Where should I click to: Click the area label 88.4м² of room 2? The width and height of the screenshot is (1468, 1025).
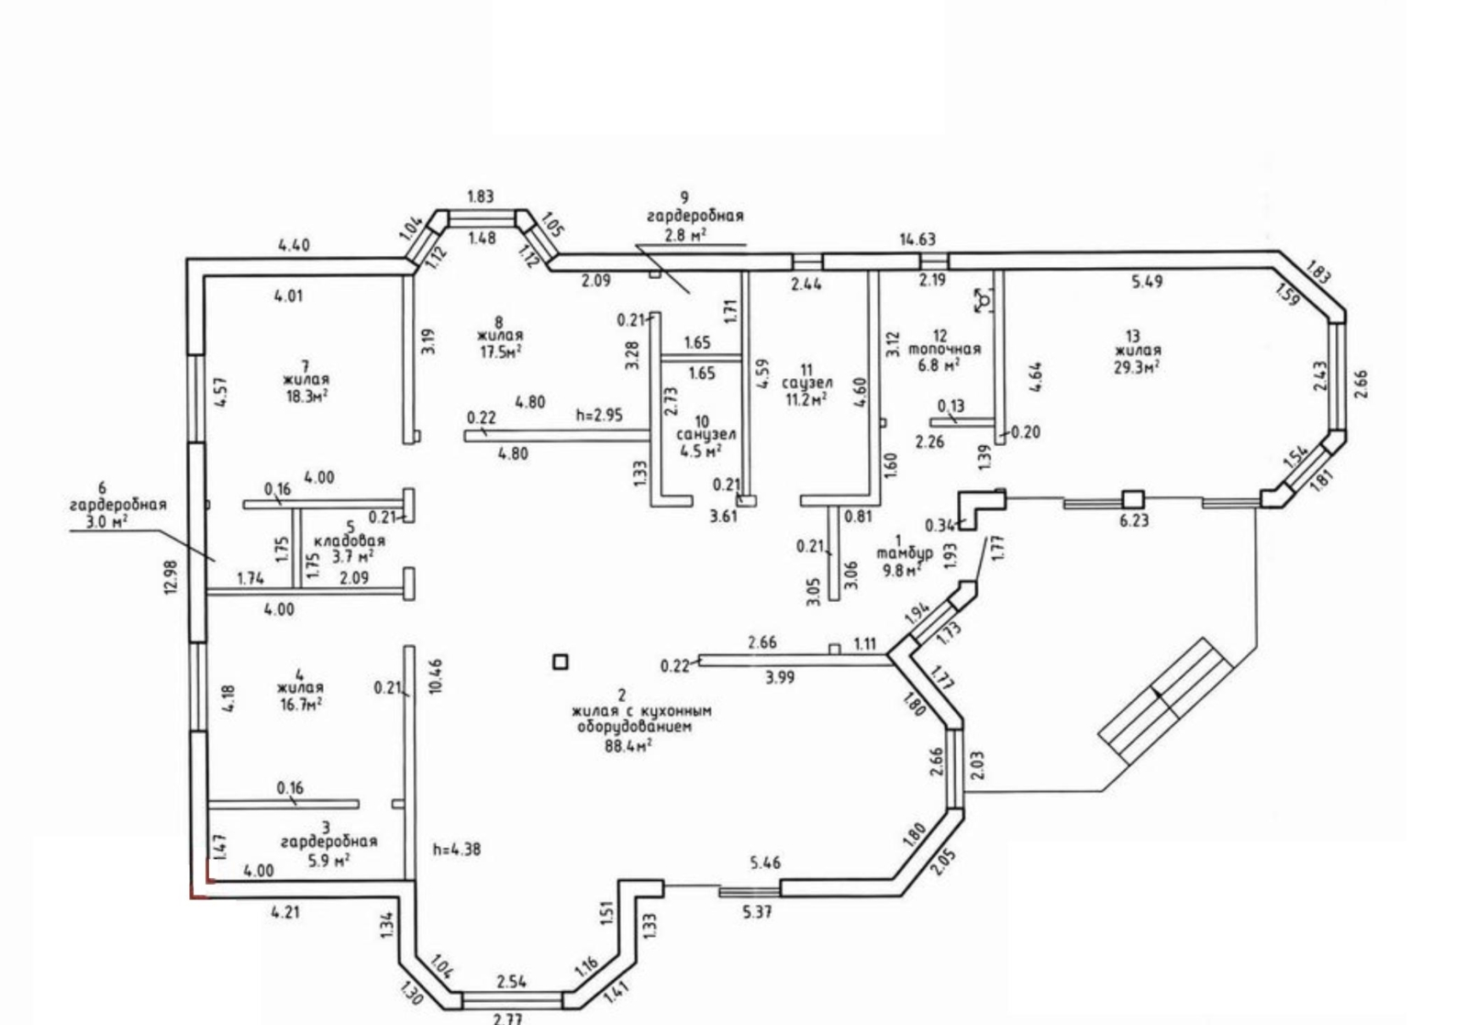[x=628, y=746]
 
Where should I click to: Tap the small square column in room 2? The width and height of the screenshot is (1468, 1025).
[x=561, y=662]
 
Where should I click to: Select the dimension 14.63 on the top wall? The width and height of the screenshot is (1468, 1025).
[x=917, y=240]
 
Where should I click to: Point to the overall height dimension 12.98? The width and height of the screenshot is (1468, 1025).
[x=171, y=576]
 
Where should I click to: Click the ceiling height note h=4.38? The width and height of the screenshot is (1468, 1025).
[x=457, y=850]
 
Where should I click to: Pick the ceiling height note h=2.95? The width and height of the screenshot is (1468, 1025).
[x=599, y=415]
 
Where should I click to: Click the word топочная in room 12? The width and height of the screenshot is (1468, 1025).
[x=944, y=350]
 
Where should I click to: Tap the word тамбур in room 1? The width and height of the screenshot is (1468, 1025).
[x=905, y=553]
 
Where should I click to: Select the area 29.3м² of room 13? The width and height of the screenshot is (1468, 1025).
[x=1137, y=367]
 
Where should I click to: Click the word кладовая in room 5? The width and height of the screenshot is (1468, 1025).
[x=350, y=541]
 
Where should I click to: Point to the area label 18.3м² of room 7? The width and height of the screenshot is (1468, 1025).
[x=306, y=396]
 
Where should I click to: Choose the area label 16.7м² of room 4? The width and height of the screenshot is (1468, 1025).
[x=300, y=705]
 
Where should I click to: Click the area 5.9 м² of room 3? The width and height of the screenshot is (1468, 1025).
[x=328, y=859]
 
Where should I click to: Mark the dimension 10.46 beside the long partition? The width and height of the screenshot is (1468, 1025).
[x=436, y=675]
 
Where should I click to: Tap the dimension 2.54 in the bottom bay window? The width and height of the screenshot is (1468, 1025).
[x=511, y=982]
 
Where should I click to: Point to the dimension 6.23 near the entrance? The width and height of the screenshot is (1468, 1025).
[x=1134, y=521]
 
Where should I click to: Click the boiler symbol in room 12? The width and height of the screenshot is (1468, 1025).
[x=983, y=301]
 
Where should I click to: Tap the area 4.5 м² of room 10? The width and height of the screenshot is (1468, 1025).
[x=701, y=451]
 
